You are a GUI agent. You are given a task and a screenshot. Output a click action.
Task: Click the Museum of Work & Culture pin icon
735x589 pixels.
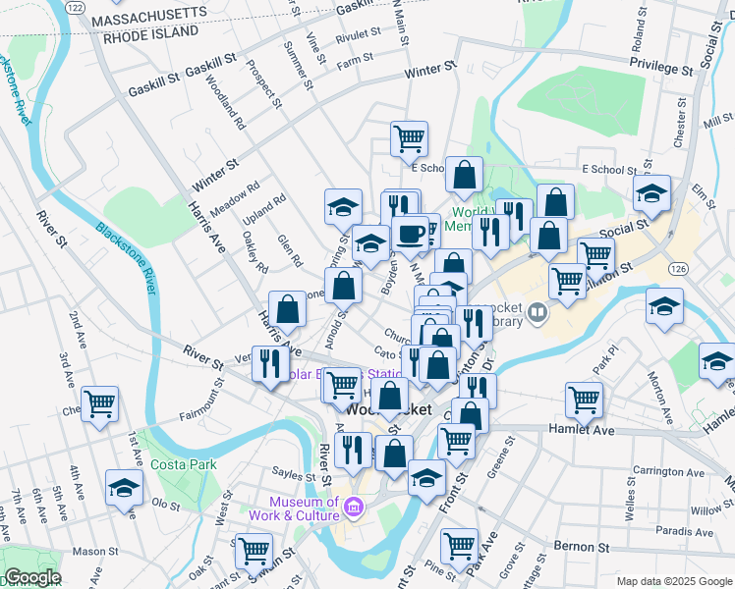354,508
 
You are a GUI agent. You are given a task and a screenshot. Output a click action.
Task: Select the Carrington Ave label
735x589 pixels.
668,472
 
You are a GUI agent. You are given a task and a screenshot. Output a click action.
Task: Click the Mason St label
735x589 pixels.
94,551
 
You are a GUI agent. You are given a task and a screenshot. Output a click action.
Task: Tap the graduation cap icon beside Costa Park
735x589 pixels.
125,488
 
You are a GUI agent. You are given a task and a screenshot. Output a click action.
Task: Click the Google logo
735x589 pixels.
31,578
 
